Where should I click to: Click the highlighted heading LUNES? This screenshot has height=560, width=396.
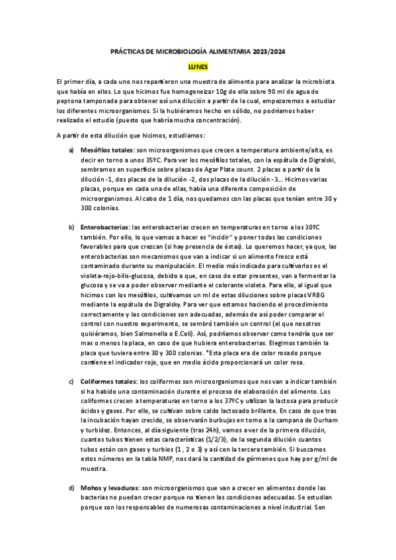click(198, 67)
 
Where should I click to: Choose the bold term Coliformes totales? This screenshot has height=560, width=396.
click(108, 382)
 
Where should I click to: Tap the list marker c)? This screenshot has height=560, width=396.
click(72, 382)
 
